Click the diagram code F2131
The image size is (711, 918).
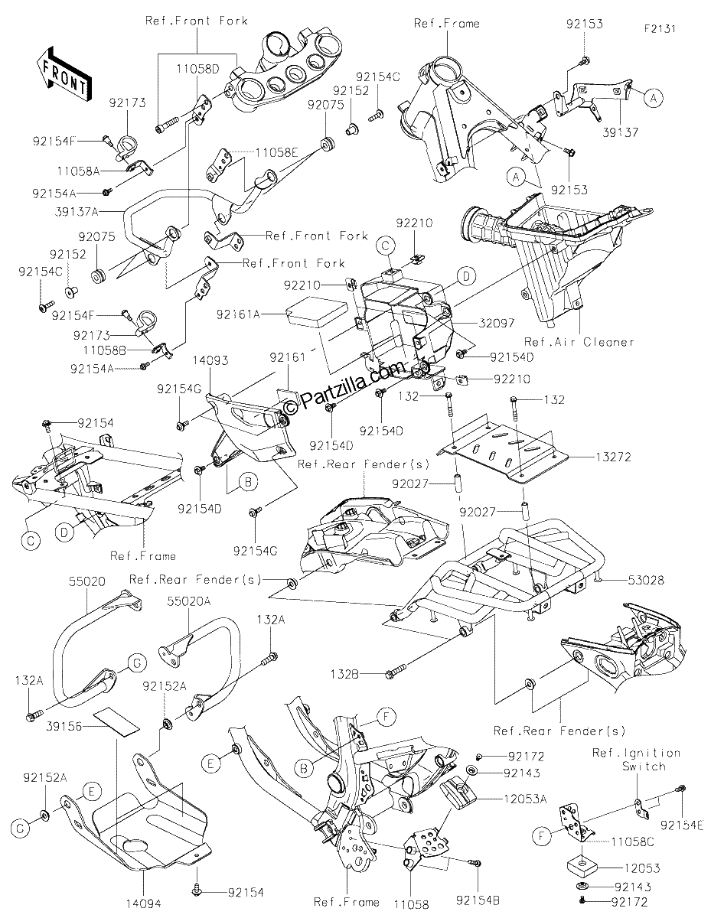660,29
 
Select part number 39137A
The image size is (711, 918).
77,212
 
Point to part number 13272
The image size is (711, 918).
613,457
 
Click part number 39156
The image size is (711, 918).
64,727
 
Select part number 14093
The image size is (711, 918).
210,360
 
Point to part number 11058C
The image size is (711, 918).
632,842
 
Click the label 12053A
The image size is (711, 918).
525,799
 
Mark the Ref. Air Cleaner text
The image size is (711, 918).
579,342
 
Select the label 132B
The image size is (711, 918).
345,675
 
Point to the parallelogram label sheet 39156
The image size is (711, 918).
116,722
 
